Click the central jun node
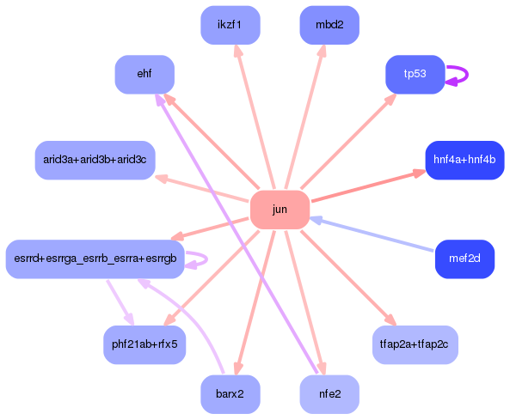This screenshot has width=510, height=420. click(x=280, y=210)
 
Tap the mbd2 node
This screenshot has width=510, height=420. click(x=329, y=25)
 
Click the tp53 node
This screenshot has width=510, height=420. click(x=415, y=75)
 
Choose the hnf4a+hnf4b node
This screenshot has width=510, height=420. click(x=464, y=161)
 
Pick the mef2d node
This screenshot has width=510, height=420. click(x=464, y=259)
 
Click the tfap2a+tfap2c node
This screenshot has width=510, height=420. click(x=415, y=344)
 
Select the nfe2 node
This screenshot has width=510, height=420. click(x=329, y=394)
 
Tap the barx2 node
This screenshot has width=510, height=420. click(x=230, y=394)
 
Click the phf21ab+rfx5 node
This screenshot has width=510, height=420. click(x=144, y=344)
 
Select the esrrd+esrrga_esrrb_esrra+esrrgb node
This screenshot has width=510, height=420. click(x=95, y=259)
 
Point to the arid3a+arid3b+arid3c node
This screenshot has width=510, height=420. click(x=95, y=161)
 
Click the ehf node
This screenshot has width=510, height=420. click(x=144, y=75)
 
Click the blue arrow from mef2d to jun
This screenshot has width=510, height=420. click(x=378, y=235)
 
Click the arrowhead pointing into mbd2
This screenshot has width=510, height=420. click(x=323, y=52)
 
